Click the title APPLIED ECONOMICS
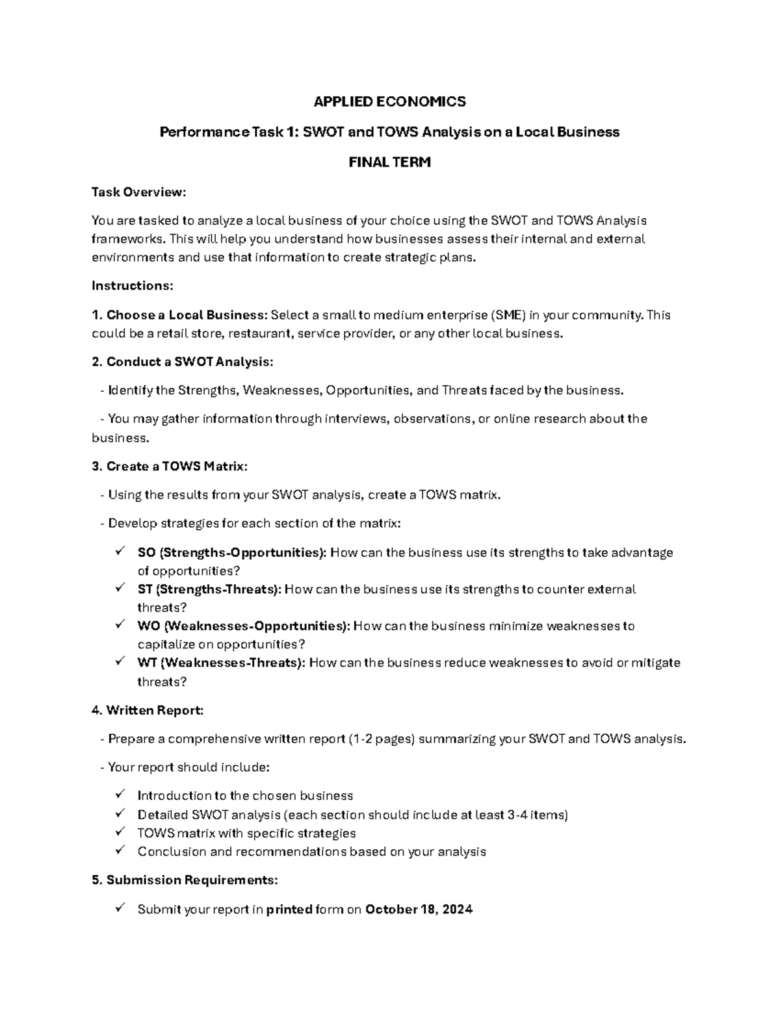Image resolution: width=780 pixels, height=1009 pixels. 389,101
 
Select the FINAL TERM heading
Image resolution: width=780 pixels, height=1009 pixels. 389,162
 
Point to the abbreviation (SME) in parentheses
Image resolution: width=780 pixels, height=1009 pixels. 508,315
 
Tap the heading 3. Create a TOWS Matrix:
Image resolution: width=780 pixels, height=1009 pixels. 170,466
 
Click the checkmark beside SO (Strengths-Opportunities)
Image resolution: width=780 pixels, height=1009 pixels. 120,552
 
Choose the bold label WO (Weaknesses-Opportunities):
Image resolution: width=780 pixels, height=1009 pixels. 244,626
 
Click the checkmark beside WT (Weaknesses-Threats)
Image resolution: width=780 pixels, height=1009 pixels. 120,662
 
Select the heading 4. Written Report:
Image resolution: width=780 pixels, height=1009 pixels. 148,710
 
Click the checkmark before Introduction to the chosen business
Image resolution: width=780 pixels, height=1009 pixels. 120,795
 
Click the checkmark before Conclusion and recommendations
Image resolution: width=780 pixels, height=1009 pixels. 120,850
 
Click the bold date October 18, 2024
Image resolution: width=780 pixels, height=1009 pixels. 419,910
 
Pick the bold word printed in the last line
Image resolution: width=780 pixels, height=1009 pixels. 289,910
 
